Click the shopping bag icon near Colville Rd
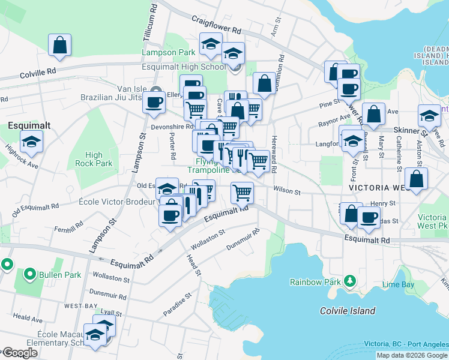pos(60,45)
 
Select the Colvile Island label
pos(348,311)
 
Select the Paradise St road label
pos(177,305)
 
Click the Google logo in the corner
pos(19,353)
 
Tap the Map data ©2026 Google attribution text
pos(412,355)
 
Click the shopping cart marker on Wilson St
pos(242,193)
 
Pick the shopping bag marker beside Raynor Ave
pos(373,113)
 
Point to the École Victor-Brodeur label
pos(118,202)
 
